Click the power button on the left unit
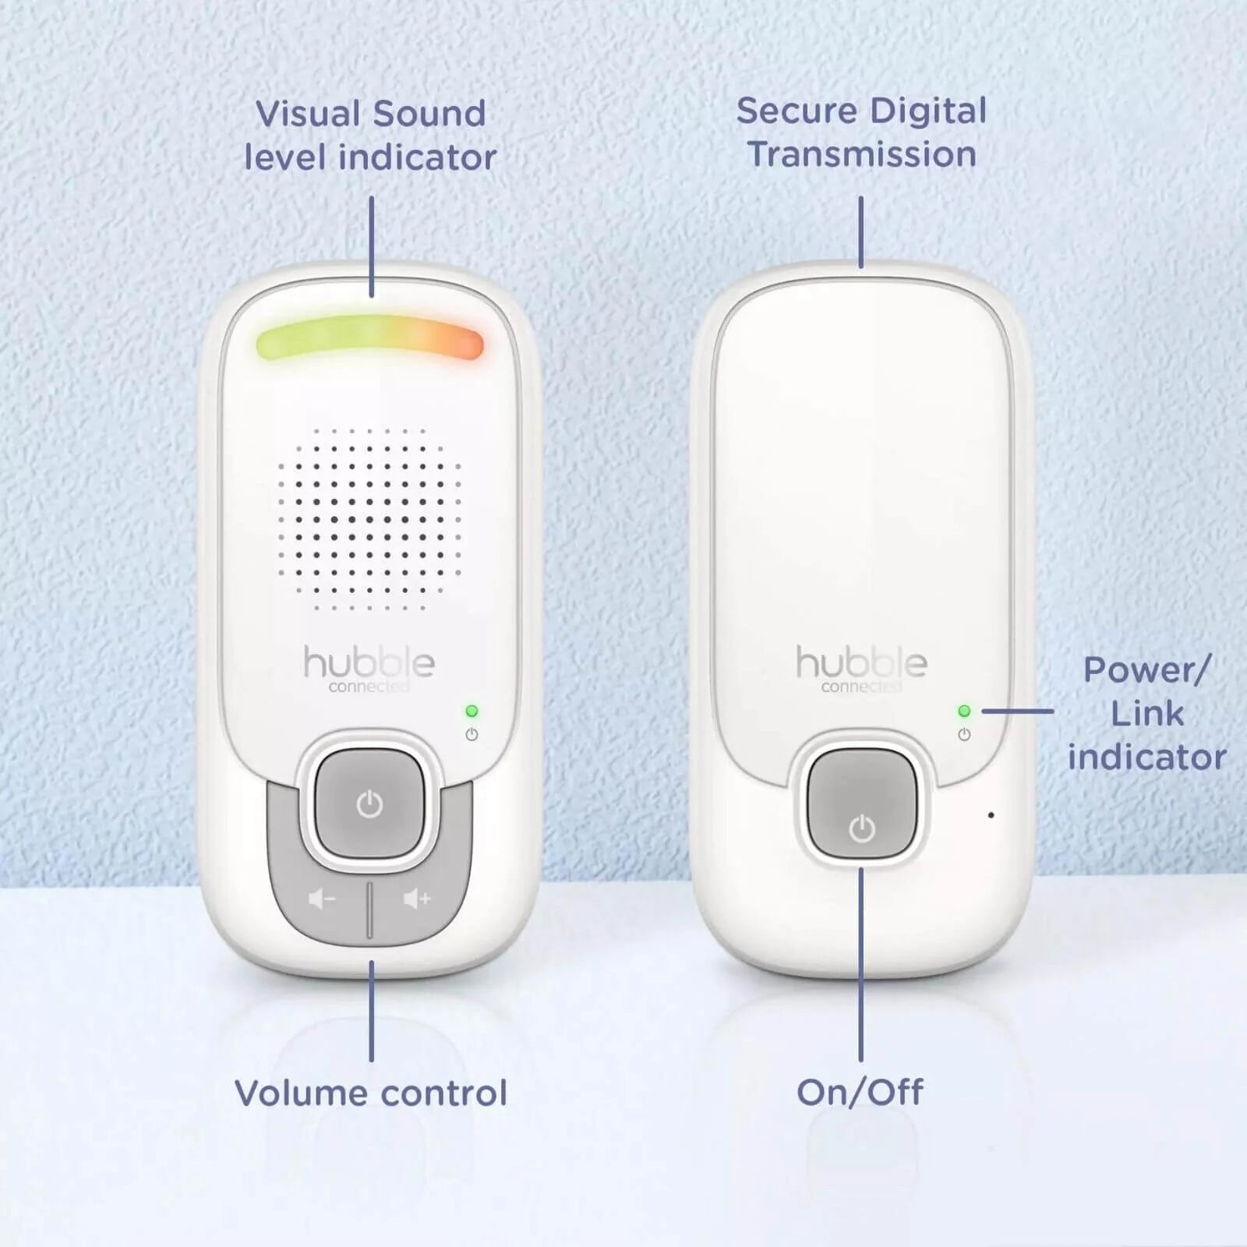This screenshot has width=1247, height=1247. point(369,804)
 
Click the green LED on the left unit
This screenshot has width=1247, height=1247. point(472,711)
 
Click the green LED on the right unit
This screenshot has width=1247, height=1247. point(964,711)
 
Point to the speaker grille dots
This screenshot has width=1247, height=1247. point(369,518)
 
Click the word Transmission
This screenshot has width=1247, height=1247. point(862,154)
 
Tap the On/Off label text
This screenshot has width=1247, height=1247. point(860,1093)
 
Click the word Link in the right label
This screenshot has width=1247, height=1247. point(1146,713)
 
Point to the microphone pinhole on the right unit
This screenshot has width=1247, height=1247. point(991,815)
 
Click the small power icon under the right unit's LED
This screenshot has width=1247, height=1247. point(964,734)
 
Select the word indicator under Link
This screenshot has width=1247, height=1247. point(1146,757)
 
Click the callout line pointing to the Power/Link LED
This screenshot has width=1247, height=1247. point(1017,711)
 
